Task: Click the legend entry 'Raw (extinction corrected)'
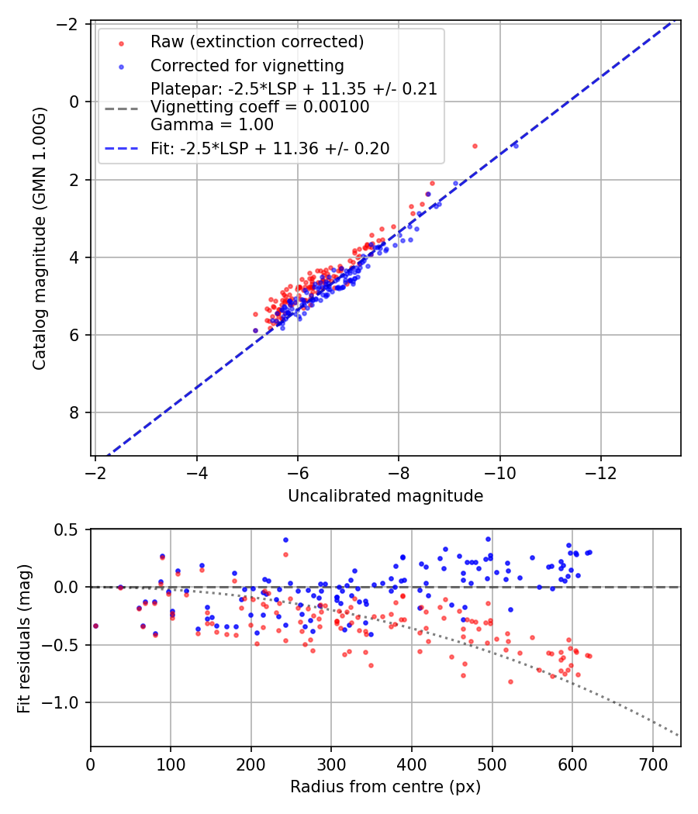pyautogui.click(x=257, y=42)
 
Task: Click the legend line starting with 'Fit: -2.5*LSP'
pyautogui.click(x=270, y=148)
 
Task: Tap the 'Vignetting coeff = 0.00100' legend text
pyautogui.click(x=260, y=107)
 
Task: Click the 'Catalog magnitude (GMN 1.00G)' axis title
pyautogui.click(x=39, y=238)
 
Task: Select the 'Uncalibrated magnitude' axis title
pyautogui.click(x=385, y=496)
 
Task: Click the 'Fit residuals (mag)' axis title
pyautogui.click(x=24, y=638)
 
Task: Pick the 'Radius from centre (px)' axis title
pyautogui.click(x=385, y=787)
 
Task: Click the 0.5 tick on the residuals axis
pyautogui.click(x=68, y=529)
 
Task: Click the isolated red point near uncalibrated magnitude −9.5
pyautogui.click(x=475, y=146)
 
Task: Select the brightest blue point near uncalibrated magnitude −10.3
pyautogui.click(x=516, y=145)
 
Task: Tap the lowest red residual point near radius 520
pyautogui.click(x=510, y=681)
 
